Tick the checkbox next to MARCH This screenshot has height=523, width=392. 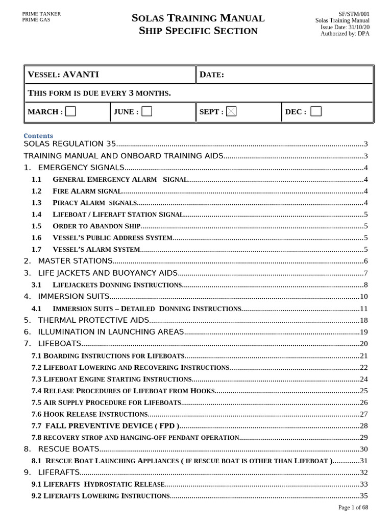coord(70,111)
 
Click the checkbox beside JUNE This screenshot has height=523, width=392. coord(146,111)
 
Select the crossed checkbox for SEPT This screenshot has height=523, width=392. coord(231,111)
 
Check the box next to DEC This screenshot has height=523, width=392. coord(316,111)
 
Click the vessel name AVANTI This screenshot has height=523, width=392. coord(81,75)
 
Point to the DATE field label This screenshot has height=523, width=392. coord(212,75)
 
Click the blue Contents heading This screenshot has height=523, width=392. coord(38,136)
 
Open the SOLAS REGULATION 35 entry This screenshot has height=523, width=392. coord(70,144)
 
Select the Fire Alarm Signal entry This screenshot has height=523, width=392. coord(87,191)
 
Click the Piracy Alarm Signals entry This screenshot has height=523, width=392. coord(94,203)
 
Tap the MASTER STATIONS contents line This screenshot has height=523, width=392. coord(68,261)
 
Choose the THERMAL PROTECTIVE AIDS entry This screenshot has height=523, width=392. coord(87,320)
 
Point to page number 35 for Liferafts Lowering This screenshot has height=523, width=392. coord(364,496)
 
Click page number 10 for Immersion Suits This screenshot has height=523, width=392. coord(364,296)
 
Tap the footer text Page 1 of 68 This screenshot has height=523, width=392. coord(353,507)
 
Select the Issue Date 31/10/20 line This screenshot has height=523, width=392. coord(345,27)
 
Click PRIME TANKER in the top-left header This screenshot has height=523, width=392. coord(41,14)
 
